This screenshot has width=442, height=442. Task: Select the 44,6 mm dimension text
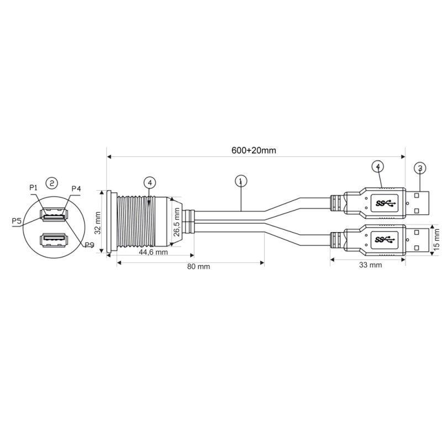153,252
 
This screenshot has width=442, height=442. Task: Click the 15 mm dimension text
435,236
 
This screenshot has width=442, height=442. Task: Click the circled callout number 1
240,180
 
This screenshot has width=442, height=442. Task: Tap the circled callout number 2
51,182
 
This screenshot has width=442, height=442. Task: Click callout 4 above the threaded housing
149,182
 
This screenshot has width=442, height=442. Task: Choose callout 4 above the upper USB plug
377,166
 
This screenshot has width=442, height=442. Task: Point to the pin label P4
76,189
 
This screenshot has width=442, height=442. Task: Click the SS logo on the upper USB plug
386,203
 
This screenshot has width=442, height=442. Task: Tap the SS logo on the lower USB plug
386,239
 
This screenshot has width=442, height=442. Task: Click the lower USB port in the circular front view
52,239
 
